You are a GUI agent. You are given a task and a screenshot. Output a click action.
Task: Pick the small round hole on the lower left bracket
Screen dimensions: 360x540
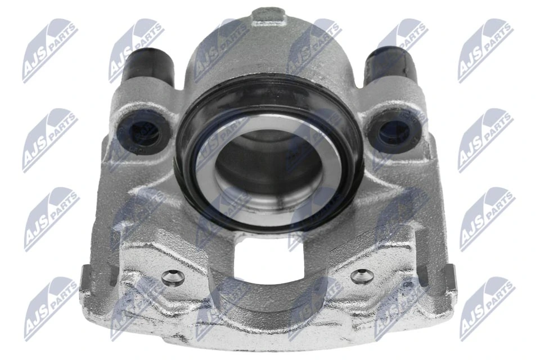[173, 276]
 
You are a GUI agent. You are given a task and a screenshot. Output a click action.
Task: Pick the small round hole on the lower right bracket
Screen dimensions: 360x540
[361, 276]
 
